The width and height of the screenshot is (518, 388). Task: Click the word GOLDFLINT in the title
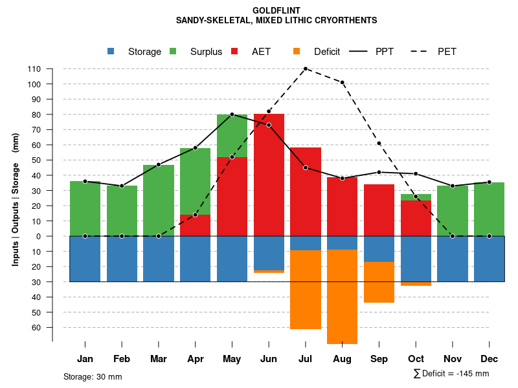click(x=276, y=10)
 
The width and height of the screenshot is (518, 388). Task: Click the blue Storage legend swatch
click(x=111, y=51)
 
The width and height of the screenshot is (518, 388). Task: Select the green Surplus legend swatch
click(x=173, y=51)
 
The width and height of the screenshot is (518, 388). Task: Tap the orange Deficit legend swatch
click(x=297, y=51)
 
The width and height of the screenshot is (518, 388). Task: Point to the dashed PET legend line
click(x=421, y=51)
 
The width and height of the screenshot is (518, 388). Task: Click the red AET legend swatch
click(x=234, y=51)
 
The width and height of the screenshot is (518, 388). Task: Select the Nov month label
click(x=452, y=359)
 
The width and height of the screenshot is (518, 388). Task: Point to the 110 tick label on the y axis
click(x=34, y=69)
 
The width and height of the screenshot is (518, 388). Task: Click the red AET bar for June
click(x=269, y=175)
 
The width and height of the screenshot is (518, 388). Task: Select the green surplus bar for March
click(x=159, y=200)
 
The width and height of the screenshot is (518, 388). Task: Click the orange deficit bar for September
click(x=379, y=282)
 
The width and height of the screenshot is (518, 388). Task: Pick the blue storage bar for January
click(x=85, y=259)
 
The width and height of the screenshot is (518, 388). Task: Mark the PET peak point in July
click(x=305, y=69)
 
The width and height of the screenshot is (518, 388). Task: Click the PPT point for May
click(x=232, y=114)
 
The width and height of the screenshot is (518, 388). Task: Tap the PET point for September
click(x=379, y=144)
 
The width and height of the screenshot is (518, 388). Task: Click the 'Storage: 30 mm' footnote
click(x=93, y=376)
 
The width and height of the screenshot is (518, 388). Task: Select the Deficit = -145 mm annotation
click(x=451, y=373)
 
